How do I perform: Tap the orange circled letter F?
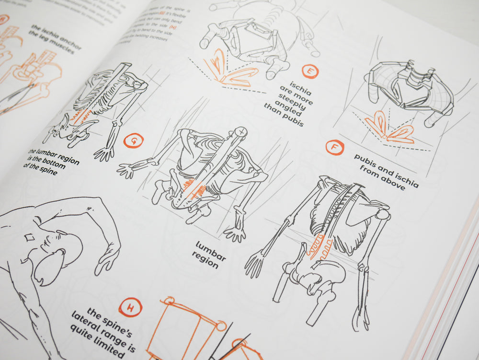click(x=334, y=147)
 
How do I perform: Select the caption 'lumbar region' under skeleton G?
click(x=210, y=255)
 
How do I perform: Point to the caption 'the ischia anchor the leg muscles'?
click(x=56, y=39)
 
